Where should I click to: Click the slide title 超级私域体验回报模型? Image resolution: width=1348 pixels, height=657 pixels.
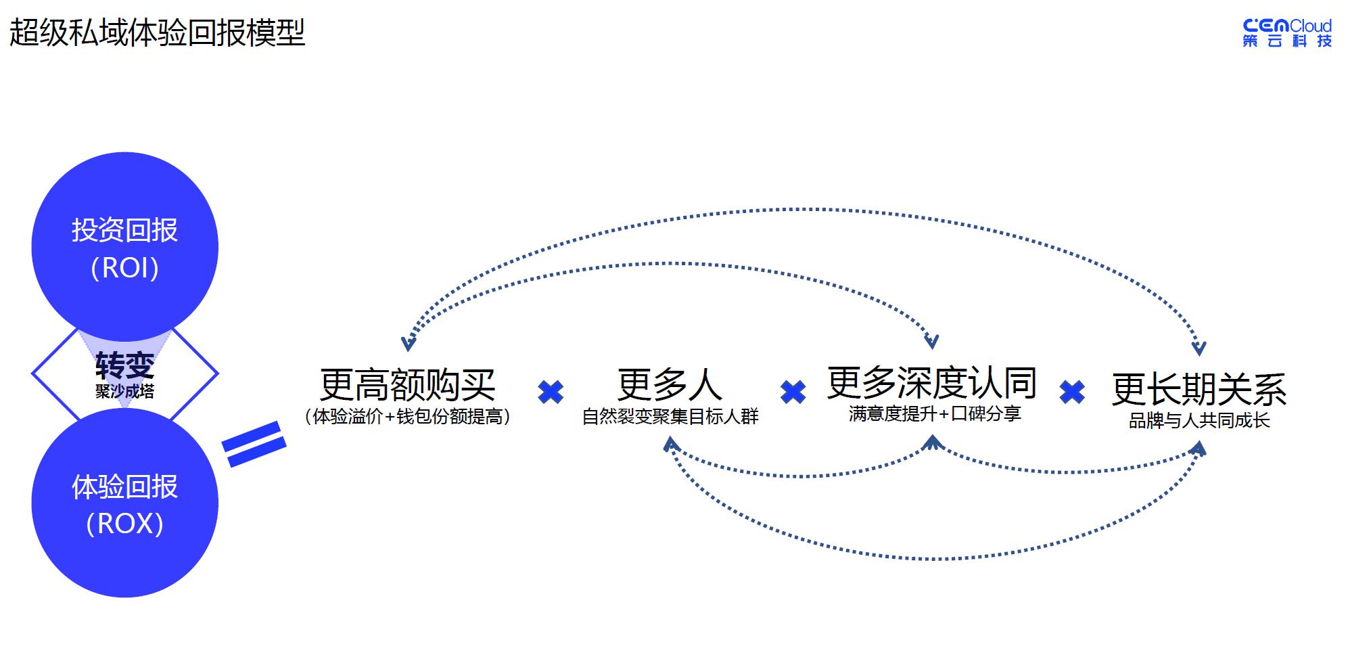[157, 32]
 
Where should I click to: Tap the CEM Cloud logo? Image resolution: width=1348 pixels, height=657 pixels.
[1286, 32]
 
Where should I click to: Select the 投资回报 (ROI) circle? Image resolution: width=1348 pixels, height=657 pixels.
[125, 247]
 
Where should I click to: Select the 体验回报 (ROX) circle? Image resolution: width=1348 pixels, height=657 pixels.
[125, 504]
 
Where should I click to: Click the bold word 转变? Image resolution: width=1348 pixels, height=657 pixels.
[125, 365]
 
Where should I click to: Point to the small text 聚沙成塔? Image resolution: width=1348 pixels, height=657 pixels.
[125, 391]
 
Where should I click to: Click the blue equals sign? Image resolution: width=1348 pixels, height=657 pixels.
[255, 444]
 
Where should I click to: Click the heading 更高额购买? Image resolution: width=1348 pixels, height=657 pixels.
[408, 384]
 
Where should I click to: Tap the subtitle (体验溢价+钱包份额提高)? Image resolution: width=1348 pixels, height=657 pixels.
[408, 416]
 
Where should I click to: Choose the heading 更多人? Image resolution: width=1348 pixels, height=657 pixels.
[670, 384]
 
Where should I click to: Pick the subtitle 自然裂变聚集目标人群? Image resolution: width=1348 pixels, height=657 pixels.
[670, 416]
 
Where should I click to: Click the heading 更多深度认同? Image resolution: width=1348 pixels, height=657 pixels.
[932, 382]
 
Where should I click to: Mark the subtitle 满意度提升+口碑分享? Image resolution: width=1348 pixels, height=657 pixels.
[935, 413]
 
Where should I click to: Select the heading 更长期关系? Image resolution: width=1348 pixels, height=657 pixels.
[1199, 389]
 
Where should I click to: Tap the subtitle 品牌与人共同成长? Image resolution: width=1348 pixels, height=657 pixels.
[1199, 420]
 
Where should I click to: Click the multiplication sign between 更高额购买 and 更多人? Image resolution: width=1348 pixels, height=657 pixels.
[551, 392]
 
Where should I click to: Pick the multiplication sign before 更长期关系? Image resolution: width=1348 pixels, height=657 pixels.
[1072, 392]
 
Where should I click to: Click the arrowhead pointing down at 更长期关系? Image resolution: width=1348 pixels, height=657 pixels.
[1199, 348]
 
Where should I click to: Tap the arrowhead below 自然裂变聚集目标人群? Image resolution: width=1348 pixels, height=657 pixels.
[670, 444]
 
